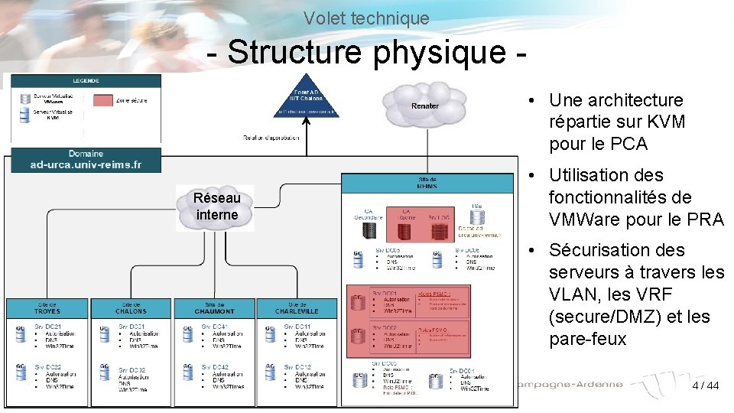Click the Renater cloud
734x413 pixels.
426,104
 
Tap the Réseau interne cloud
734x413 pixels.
217,206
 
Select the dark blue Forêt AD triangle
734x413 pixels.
306,98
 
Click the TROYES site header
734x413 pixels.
47,307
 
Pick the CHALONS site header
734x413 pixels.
131,307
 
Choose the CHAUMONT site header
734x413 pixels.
213,307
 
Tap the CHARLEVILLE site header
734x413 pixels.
297,307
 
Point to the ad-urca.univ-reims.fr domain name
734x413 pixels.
86,164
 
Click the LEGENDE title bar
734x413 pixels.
86,80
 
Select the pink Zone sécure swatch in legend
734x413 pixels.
104,100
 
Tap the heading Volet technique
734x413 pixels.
366,17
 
